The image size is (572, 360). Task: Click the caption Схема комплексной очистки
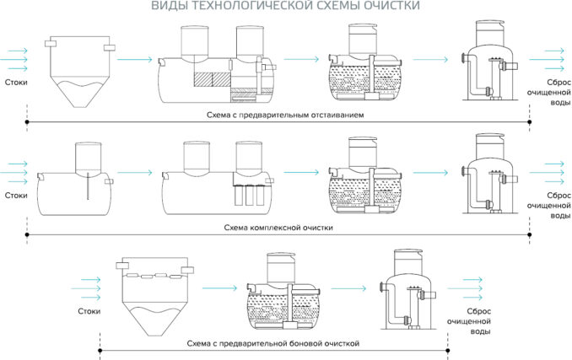[279, 228]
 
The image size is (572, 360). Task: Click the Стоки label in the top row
[15, 83]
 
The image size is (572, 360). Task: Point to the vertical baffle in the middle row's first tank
[87, 185]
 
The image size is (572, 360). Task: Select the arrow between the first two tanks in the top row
[134, 60]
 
